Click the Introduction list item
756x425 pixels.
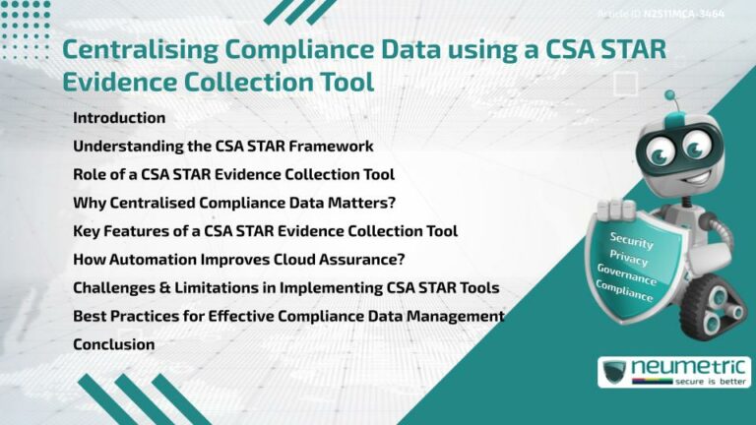click(x=119, y=118)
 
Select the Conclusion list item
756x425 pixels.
click(x=113, y=345)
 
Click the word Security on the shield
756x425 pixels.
click(x=631, y=238)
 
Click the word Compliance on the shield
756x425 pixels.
click(x=622, y=287)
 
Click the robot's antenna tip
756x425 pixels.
click(x=670, y=96)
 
